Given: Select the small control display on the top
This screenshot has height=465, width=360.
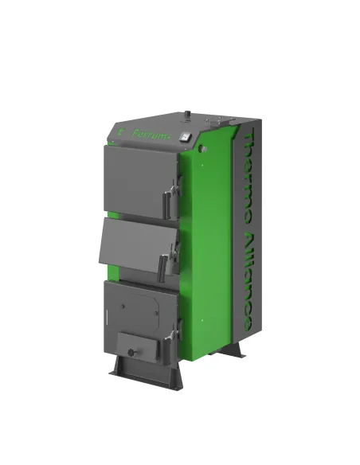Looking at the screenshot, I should coord(186,136).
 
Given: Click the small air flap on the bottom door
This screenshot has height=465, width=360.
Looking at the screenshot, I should coord(133,344).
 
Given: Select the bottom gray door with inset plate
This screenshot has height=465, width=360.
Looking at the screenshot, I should coord(135,315).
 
